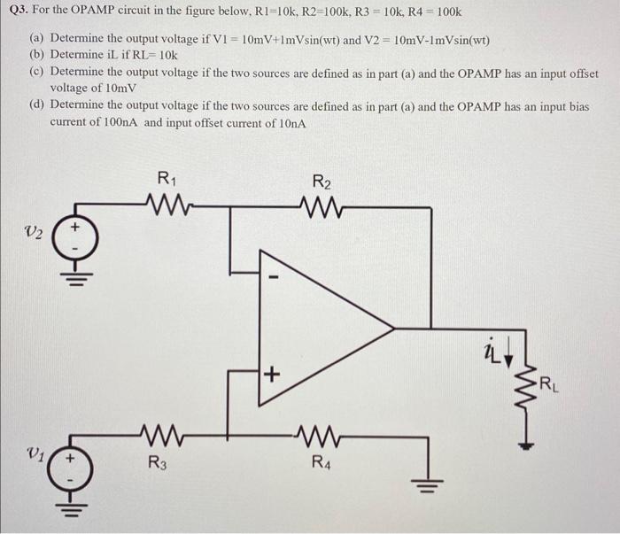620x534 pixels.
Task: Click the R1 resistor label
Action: (x=165, y=179)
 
